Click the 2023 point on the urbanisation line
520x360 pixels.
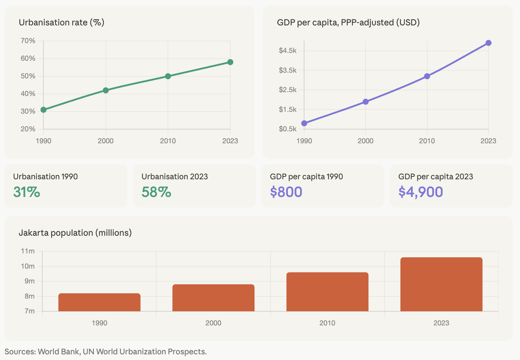pos(230,62)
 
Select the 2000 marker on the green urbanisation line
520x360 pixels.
pos(105,90)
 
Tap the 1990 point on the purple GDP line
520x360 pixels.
pos(304,123)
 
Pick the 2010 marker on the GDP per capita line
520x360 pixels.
pos(427,76)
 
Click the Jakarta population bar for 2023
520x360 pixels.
pos(441,284)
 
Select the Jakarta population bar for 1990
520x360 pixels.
pos(99,302)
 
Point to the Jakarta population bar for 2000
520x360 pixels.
pos(213,298)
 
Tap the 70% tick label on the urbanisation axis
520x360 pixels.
pos(28,41)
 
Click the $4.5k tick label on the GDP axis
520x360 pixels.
pos(288,50)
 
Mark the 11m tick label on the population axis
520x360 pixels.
pos(28,251)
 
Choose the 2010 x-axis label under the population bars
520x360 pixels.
pos(327,323)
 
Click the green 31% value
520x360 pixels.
pos(26,192)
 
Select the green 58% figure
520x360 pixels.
pos(156,192)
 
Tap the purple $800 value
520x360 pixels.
pos(286,192)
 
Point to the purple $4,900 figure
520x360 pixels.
pos(421,192)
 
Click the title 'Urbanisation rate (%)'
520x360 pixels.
pos(61,23)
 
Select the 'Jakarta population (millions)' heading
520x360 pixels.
pos(75,233)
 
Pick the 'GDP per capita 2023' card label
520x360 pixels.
pos(435,176)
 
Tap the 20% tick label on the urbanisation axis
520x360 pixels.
pos(28,129)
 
